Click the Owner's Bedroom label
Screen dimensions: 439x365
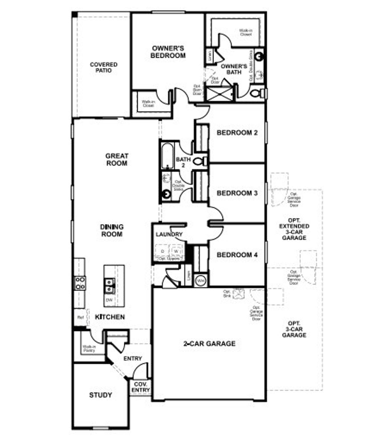tap(168, 52)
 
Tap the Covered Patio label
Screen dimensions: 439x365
tap(104, 67)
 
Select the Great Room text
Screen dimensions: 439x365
tap(117, 160)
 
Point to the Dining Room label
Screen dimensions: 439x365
tap(112, 230)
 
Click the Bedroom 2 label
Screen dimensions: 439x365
tap(237, 133)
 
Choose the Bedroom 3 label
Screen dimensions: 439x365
tap(237, 193)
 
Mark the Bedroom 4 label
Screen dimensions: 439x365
tap(237, 255)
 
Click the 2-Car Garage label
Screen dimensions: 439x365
tap(209, 344)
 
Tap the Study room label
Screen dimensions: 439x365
tap(100, 395)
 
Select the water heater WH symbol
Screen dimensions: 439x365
tap(201, 281)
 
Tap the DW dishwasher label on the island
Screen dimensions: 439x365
tap(109, 300)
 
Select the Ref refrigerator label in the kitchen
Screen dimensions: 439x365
tap(80, 317)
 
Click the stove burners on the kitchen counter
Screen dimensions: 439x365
tap(80, 283)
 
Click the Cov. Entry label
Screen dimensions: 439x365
tap(141, 387)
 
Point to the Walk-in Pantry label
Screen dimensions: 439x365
tap(89, 348)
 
